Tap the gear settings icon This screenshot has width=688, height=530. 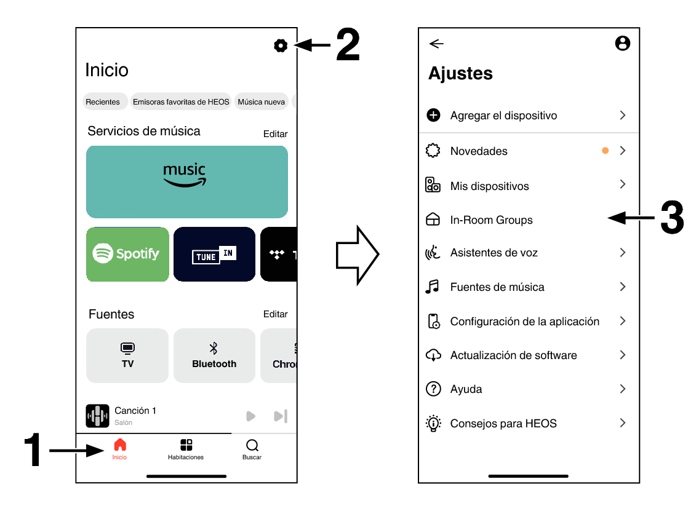281,45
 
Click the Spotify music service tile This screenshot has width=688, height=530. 127,254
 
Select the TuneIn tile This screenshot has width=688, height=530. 214,254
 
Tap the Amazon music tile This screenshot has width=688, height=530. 187,181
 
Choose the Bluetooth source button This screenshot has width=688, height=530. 214,355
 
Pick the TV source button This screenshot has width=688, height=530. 127,355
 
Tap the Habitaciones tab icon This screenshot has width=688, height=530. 186,445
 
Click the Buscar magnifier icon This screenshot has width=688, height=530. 252,445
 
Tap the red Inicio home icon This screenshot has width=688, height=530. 120,445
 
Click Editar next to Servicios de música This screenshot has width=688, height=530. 275,133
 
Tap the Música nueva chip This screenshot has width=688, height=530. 261,101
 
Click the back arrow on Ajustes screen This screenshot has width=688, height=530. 436,44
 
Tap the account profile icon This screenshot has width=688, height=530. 622,43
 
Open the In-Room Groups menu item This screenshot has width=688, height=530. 491,220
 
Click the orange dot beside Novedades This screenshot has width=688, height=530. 605,151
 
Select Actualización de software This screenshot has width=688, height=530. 513,355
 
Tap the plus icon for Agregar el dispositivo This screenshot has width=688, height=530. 433,115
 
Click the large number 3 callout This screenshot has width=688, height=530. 671,217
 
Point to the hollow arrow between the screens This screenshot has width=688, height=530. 357,255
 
